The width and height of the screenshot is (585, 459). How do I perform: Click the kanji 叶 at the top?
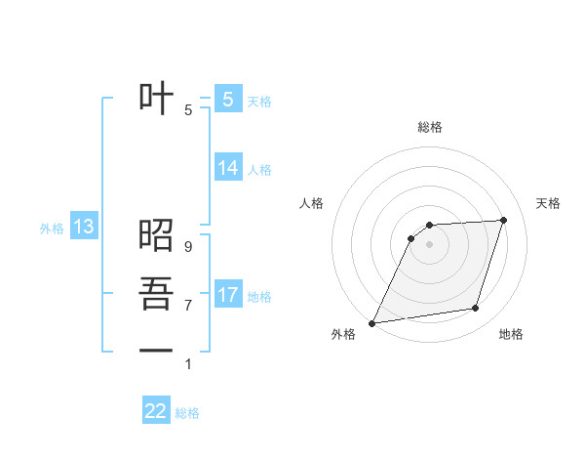[x=156, y=100]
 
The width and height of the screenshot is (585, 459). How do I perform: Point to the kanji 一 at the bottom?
[x=156, y=351]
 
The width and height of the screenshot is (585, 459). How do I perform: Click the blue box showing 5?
[x=227, y=100]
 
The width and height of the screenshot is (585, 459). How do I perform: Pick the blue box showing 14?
[x=227, y=168]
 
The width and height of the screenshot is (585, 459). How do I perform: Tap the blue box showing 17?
[x=227, y=294]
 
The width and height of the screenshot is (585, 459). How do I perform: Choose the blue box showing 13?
[x=83, y=228]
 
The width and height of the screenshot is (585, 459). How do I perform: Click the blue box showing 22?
[x=156, y=411]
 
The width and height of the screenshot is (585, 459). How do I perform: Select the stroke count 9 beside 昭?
[x=187, y=247]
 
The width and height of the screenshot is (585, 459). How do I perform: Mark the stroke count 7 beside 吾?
[x=187, y=306]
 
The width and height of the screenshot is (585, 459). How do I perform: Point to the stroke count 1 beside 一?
[x=187, y=364]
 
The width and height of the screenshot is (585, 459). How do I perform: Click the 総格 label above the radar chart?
[x=430, y=127]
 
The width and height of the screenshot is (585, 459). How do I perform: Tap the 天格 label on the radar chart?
[x=549, y=203]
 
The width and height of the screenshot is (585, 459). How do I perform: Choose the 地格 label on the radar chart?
[x=511, y=334]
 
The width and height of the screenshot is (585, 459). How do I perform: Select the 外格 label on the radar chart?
[x=343, y=334]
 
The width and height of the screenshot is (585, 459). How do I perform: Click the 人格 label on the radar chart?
[x=311, y=203]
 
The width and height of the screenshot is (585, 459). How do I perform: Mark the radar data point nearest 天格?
[x=504, y=220]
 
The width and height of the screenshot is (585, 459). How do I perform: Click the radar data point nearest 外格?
[x=371, y=323]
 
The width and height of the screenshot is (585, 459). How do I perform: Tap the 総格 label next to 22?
[x=187, y=413]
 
